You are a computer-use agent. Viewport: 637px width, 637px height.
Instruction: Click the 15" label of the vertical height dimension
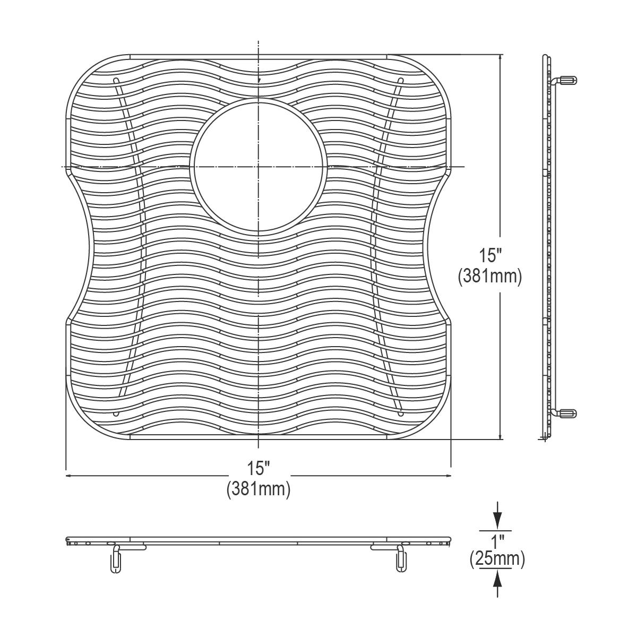point(490,256)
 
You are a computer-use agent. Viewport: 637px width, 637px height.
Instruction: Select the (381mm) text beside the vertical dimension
point(490,276)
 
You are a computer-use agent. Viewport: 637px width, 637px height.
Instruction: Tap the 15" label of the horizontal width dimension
point(259,468)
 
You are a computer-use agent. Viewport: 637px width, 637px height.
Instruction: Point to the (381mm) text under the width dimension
point(259,488)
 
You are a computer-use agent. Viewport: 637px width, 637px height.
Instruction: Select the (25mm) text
point(497,559)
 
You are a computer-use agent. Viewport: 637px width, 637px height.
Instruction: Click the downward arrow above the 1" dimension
point(497,518)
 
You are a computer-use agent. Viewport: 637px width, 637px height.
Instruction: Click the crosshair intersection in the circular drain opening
point(259,167)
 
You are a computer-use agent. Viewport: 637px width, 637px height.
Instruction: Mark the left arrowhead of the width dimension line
point(69,476)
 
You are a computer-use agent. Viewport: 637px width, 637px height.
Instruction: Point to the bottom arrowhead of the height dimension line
point(500,436)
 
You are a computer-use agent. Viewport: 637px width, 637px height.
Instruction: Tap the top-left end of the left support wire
point(116,80)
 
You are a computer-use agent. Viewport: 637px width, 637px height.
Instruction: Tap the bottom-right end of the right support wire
point(401,413)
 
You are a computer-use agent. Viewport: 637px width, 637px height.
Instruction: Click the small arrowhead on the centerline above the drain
point(259,80)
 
